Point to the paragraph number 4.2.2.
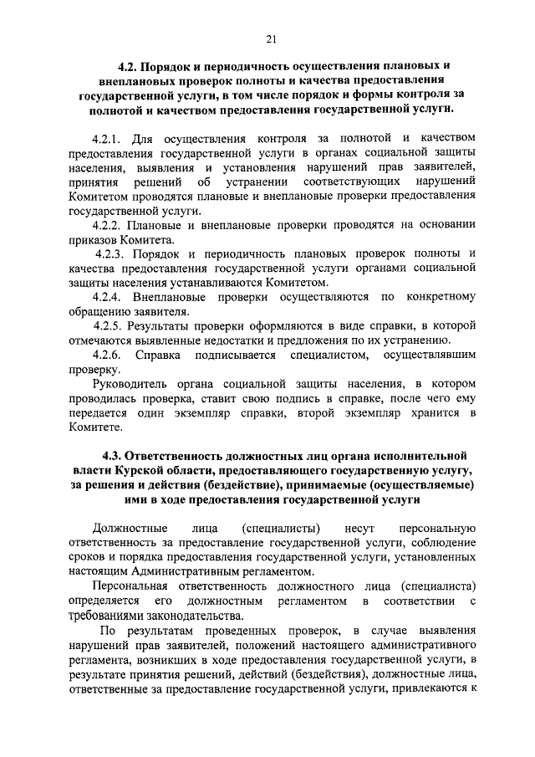click(108, 225)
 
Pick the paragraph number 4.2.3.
click(110, 253)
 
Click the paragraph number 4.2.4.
click(108, 297)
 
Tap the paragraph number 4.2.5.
click(108, 325)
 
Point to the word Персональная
click(134, 586)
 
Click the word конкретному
click(440, 297)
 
